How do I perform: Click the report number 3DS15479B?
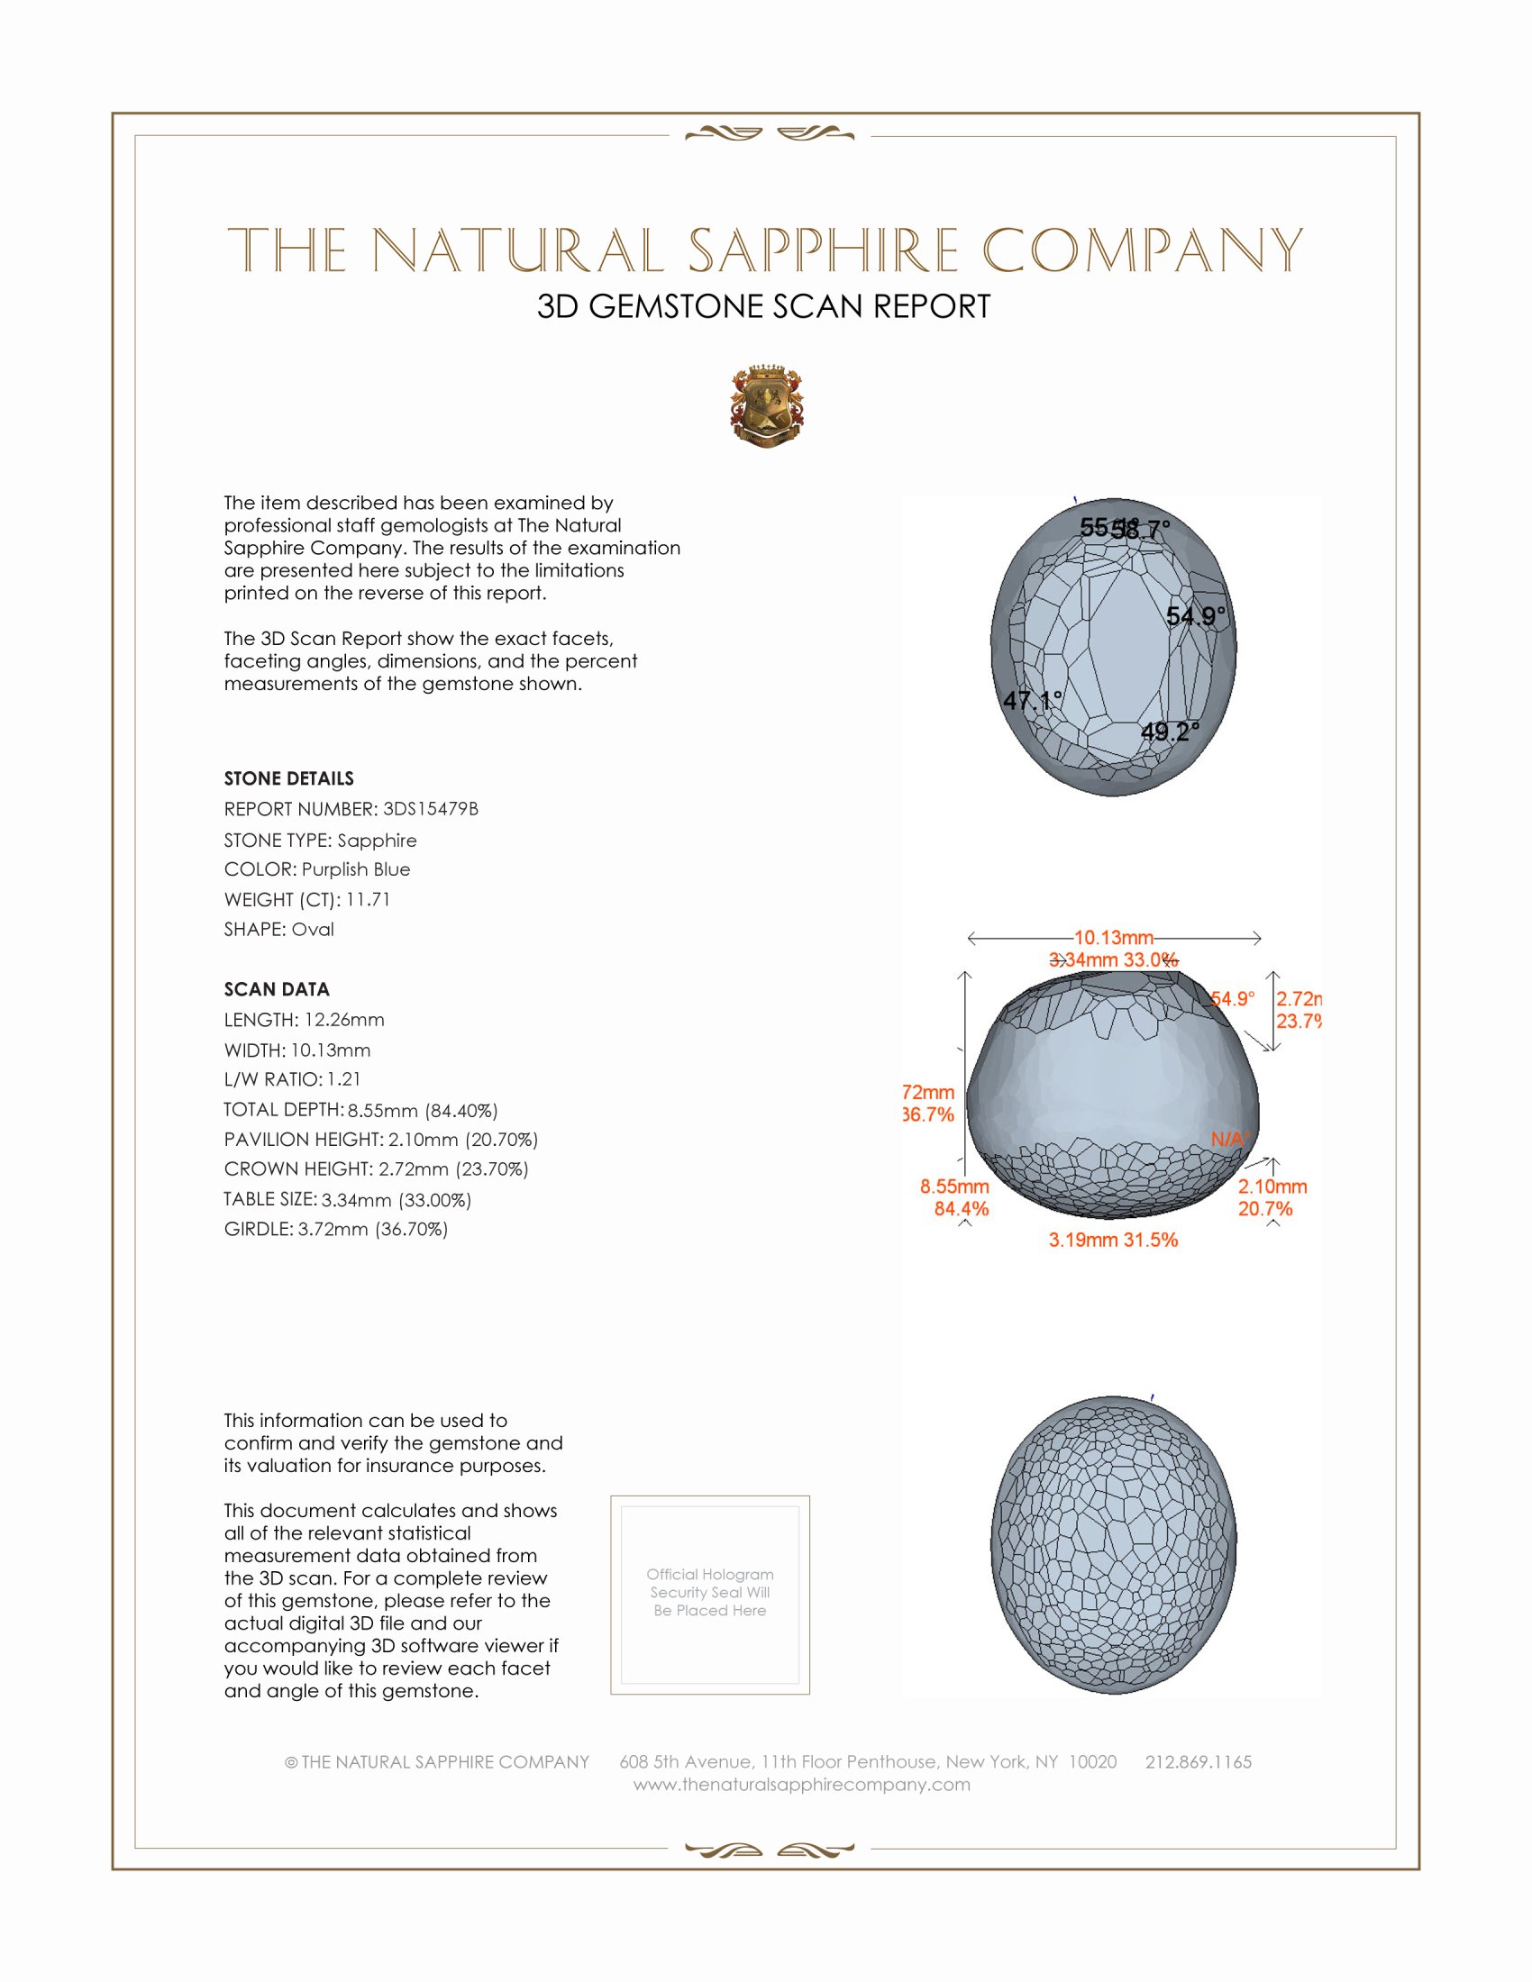pyautogui.click(x=430, y=809)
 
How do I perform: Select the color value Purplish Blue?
pyautogui.click(x=356, y=869)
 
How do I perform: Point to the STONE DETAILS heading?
pyautogui.click(x=288, y=778)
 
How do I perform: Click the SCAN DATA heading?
pyautogui.click(x=277, y=989)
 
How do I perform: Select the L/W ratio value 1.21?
pyautogui.click(x=344, y=1079)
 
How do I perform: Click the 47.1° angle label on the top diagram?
pyautogui.click(x=1032, y=701)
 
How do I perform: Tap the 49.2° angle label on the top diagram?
pyautogui.click(x=1170, y=732)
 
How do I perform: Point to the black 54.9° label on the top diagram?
pyautogui.click(x=1195, y=616)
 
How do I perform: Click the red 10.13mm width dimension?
pyautogui.click(x=1114, y=938)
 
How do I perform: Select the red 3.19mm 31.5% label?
pyautogui.click(x=1113, y=1240)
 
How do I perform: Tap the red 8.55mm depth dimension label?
pyautogui.click(x=953, y=1186)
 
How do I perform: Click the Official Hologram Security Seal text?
pyautogui.click(x=710, y=1592)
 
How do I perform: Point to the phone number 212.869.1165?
pyautogui.click(x=1198, y=1761)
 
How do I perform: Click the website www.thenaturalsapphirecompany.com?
pyautogui.click(x=801, y=1784)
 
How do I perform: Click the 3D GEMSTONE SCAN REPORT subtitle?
pyautogui.click(x=763, y=306)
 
